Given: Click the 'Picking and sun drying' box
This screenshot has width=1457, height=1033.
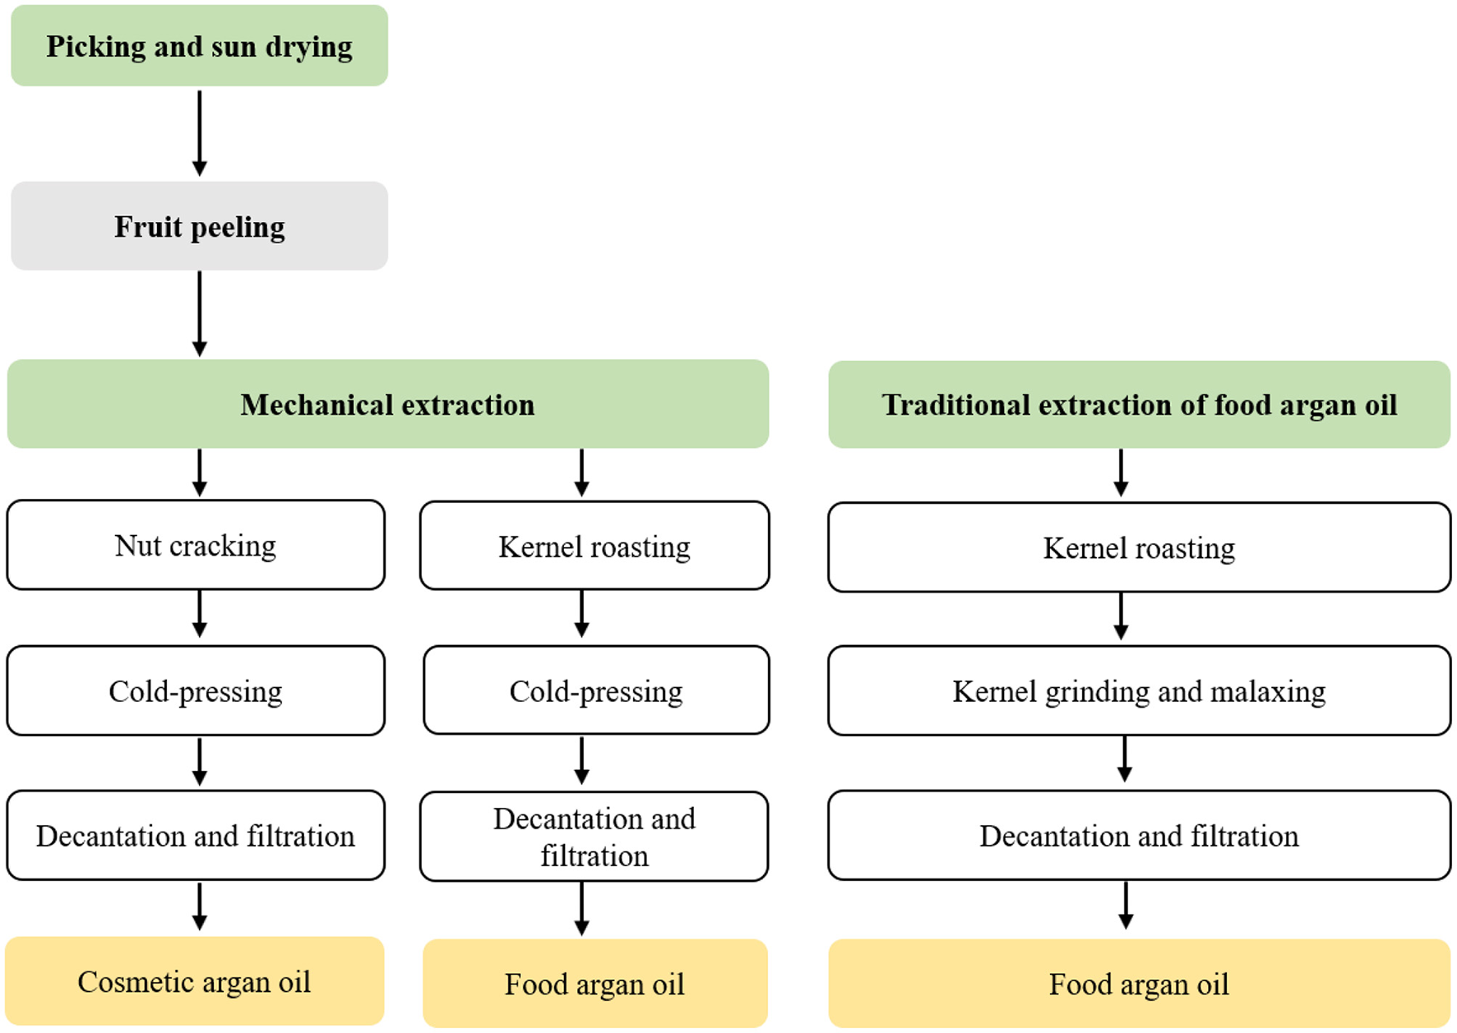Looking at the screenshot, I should point(199,46).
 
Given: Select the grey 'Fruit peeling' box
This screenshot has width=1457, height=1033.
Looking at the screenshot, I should point(199,227).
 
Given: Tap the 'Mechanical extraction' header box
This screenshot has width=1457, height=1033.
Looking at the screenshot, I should point(387,404).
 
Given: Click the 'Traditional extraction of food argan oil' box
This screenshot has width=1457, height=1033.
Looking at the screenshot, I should point(1139,404).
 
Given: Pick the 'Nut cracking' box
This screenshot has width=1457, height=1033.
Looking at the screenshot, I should point(196,546).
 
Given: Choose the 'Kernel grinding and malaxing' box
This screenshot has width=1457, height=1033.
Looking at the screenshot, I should point(1139,691).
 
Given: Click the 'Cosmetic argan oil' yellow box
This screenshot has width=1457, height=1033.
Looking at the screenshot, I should point(194,981).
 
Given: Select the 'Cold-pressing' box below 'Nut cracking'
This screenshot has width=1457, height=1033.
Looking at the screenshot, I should point(196,691).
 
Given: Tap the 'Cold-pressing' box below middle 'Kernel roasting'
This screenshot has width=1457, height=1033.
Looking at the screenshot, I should point(595,691).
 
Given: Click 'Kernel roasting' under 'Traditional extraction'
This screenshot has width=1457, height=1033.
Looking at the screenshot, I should point(1139,548).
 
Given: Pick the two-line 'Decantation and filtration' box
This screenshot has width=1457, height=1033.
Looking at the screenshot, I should point(594,837).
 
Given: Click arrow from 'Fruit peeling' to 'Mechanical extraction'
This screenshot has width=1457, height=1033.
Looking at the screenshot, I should point(199,313).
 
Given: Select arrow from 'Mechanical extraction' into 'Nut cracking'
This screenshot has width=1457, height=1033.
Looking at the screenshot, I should point(199,473).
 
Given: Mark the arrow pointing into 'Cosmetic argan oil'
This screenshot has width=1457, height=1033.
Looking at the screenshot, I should point(199,906).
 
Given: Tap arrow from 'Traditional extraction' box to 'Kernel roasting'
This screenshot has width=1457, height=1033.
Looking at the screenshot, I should point(1121,473).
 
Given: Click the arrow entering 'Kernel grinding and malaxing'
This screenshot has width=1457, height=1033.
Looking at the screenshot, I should point(1121,616).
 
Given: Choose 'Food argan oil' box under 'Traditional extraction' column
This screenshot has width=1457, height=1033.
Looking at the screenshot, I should point(1139,984).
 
